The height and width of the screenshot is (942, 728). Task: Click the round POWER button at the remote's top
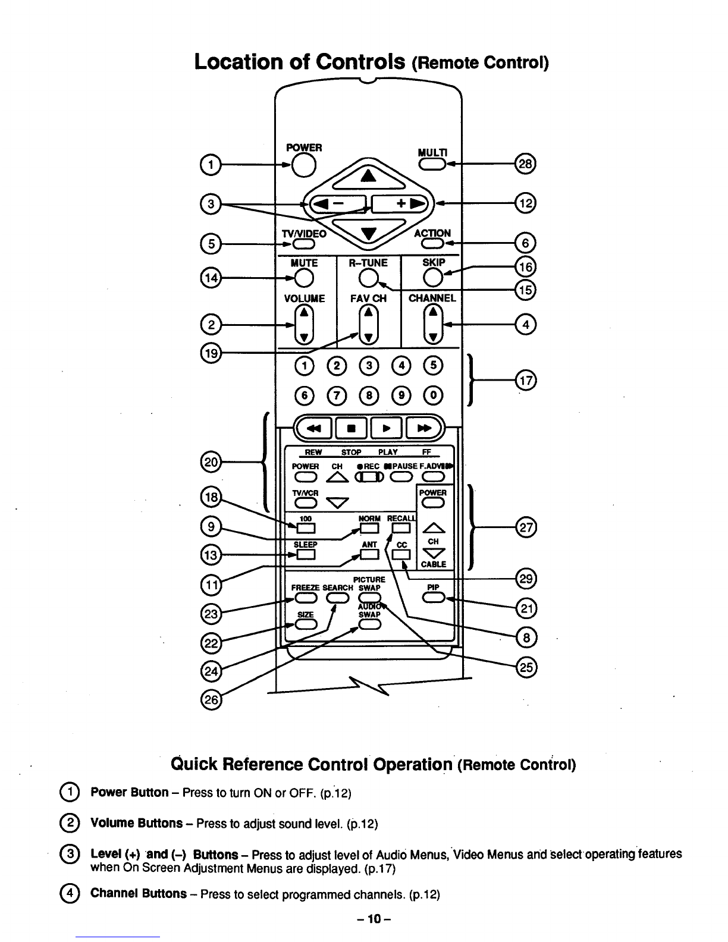(303, 165)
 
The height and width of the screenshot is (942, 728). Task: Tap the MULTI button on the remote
(432, 164)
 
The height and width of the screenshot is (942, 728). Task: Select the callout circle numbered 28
(525, 164)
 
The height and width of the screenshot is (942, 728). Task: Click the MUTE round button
(304, 278)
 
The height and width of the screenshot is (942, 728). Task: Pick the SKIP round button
(433, 278)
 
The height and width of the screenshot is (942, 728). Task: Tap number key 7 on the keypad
(337, 395)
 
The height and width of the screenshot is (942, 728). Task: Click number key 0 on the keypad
(434, 395)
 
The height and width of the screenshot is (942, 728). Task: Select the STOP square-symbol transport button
(351, 428)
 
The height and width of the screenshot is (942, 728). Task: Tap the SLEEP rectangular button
(306, 554)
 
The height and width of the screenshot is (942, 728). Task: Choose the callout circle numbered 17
(526, 381)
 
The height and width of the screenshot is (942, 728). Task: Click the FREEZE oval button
(306, 598)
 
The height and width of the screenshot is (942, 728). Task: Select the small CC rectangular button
(401, 555)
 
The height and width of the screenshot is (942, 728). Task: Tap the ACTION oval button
(432, 244)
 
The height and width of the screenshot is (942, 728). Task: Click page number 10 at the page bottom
(374, 919)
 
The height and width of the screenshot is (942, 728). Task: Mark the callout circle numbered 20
(211, 463)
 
